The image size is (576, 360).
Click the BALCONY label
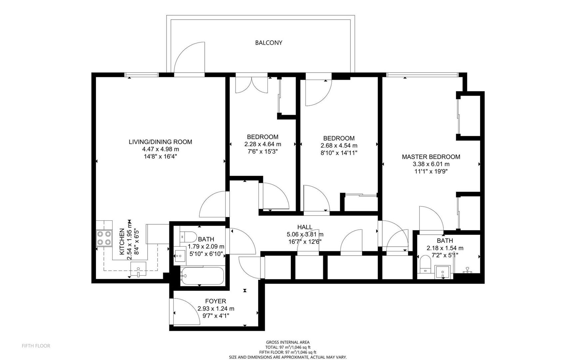point(269,43)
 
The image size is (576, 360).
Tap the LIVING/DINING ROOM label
point(160,142)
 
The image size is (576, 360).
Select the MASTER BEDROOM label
point(431,157)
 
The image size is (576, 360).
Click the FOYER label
point(216,301)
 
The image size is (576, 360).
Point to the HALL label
point(305,227)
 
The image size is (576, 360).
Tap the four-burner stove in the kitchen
point(104,238)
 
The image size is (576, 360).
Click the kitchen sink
point(138,269)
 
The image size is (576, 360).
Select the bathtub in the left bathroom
point(202,276)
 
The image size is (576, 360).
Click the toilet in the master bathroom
point(425,264)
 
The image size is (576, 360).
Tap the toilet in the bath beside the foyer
point(188,237)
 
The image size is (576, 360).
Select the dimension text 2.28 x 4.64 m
point(263,144)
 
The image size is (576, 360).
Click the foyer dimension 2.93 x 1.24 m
point(216,309)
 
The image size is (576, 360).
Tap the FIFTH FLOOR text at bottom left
point(36,346)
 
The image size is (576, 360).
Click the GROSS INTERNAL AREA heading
point(288,342)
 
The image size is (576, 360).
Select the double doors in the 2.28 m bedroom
point(252,85)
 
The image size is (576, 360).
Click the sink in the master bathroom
point(443,272)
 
